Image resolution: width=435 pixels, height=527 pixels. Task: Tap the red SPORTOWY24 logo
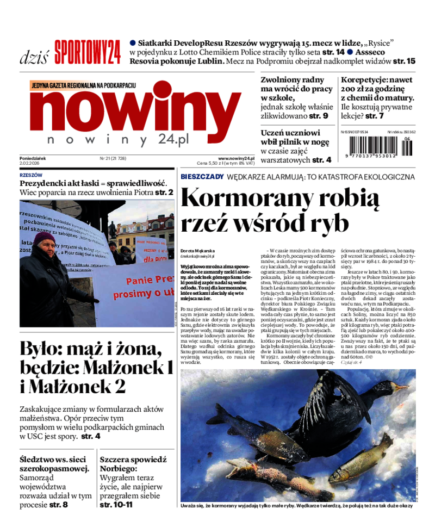[86, 53]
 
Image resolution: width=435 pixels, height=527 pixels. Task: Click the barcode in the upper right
[378, 146]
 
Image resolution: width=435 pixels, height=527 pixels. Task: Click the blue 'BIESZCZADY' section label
[202, 177]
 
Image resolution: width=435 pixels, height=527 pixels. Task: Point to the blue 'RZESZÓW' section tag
[31, 176]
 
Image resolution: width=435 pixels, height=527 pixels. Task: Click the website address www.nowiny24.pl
[236, 158]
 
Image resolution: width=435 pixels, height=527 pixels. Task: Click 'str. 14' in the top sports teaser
[333, 52]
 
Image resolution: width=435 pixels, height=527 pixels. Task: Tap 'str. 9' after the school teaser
[318, 116]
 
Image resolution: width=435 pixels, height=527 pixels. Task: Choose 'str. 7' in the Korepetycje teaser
[375, 116]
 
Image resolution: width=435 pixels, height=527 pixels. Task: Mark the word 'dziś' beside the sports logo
[34, 56]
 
